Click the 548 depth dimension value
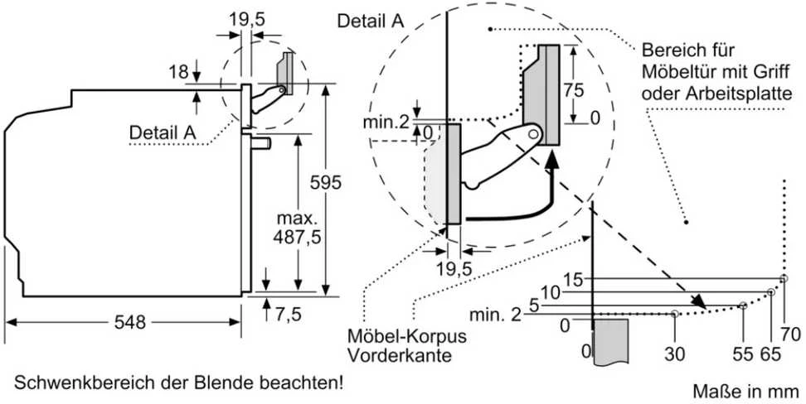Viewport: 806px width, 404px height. tap(130, 322)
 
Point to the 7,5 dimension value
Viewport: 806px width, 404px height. tap(288, 314)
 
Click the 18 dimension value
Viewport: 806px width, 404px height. tap(179, 71)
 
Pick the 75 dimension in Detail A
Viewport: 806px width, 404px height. tap(573, 90)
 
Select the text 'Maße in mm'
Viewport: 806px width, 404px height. tap(745, 392)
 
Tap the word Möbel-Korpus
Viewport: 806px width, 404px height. tap(407, 336)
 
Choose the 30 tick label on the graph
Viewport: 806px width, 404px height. tap(674, 353)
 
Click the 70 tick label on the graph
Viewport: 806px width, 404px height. tap(790, 334)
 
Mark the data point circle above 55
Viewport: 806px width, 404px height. tap(743, 305)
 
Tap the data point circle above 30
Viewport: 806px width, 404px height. tap(674, 313)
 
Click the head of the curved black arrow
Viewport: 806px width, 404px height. tap(552, 161)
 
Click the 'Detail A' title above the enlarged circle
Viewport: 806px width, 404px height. tap(371, 21)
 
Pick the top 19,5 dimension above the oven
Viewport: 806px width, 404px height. tap(247, 20)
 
